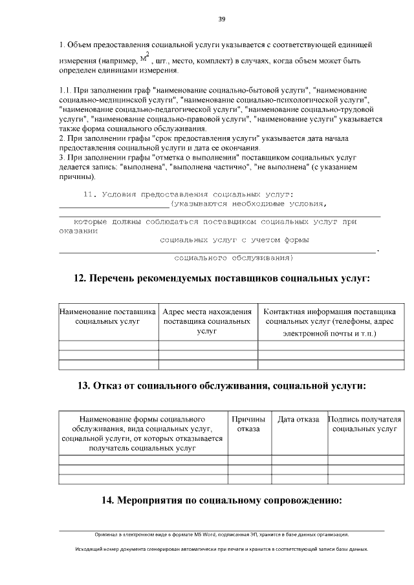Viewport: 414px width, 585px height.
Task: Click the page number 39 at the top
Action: (x=221, y=19)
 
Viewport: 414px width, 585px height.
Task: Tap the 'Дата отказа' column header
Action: (x=298, y=420)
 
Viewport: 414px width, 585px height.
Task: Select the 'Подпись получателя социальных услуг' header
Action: (x=365, y=424)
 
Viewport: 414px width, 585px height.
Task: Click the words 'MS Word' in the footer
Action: (x=205, y=535)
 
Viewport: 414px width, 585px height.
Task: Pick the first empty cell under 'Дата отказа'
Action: (x=298, y=460)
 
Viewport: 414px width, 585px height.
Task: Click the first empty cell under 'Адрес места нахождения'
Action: (x=207, y=345)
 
